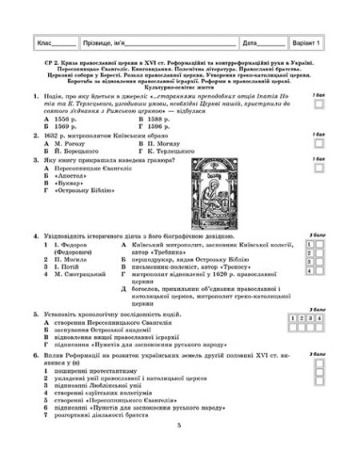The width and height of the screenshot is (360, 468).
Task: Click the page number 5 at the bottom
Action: pyautogui.click(x=181, y=446)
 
